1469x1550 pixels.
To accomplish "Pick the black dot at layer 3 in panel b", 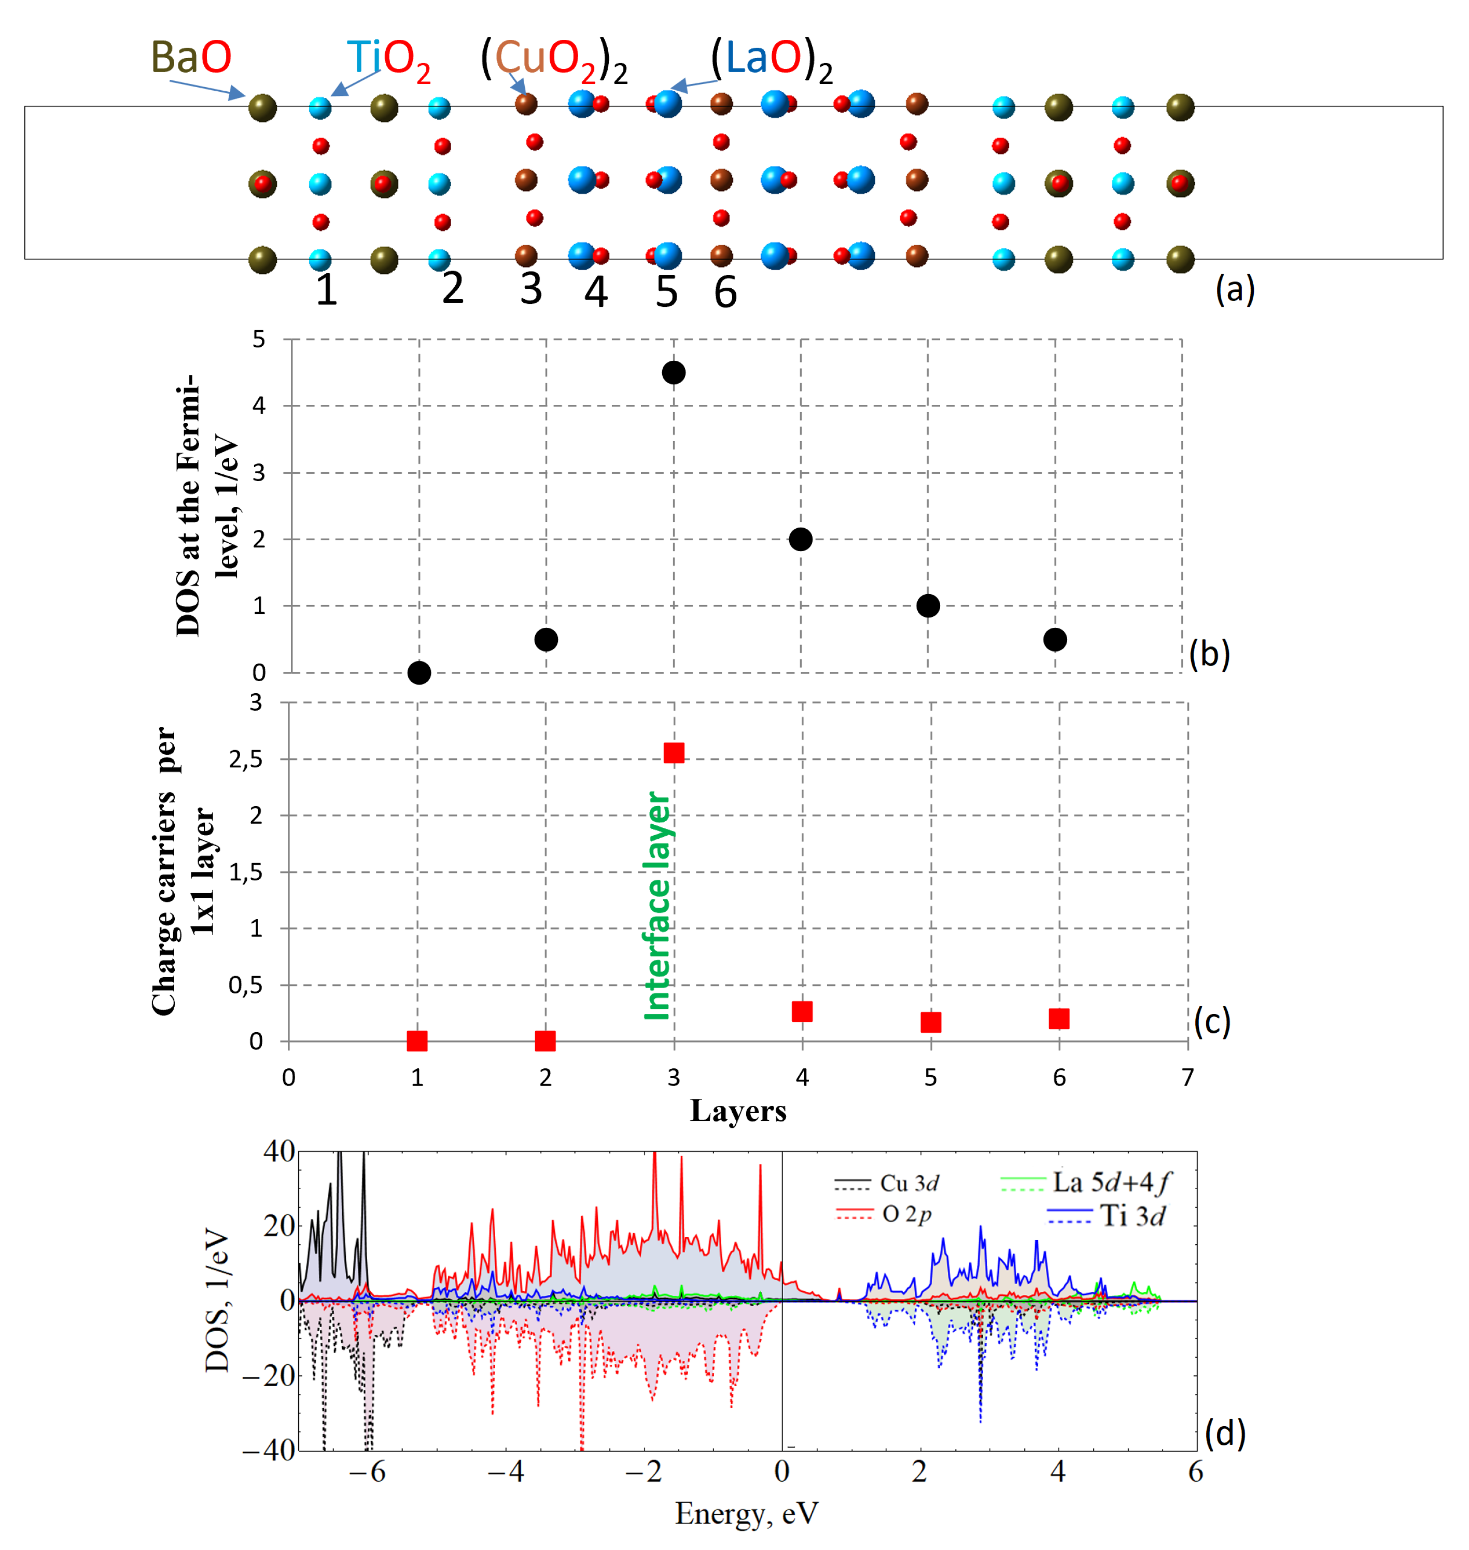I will click(674, 373).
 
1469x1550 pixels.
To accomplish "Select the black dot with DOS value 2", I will click(800, 539).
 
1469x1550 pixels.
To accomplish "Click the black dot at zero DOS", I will click(419, 672).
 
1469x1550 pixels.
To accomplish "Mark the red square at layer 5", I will click(930, 1022).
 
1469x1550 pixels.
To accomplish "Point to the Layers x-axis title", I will click(738, 1111).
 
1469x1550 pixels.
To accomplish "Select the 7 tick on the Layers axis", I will click(1187, 1078).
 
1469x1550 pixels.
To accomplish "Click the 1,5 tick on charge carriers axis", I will click(245, 872).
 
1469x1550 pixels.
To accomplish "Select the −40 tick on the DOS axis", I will click(269, 1450).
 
